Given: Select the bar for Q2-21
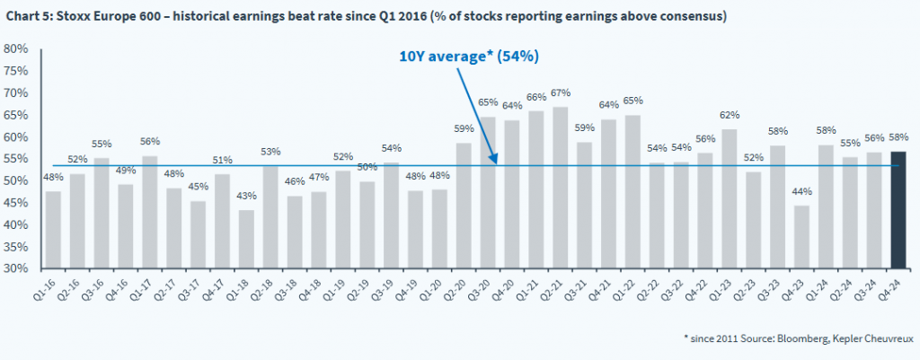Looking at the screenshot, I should pos(561,188).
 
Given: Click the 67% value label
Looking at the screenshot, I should pos(561,93).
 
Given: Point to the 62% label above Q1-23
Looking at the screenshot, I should pos(730,116).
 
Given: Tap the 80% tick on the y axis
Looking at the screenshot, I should pos(19,49).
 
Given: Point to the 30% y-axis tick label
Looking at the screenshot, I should pos(19,268).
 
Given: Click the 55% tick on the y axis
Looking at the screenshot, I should pos(19,159).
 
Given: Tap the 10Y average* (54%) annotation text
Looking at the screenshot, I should pos(468,56).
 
